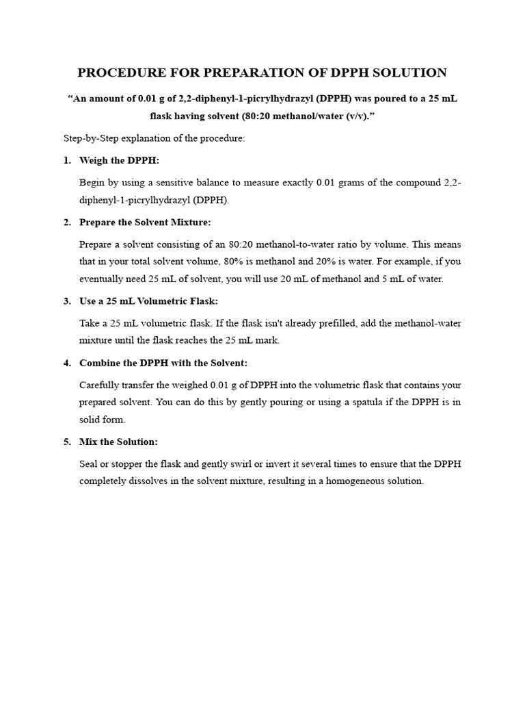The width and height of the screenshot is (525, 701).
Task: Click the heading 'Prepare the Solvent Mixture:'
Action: coord(145,222)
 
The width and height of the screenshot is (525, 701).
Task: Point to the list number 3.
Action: coord(67,301)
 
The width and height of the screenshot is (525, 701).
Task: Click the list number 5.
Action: coord(67,442)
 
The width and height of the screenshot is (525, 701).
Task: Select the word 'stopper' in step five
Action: coord(124,463)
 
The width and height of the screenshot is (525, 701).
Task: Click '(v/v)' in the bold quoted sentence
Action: coord(357,116)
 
